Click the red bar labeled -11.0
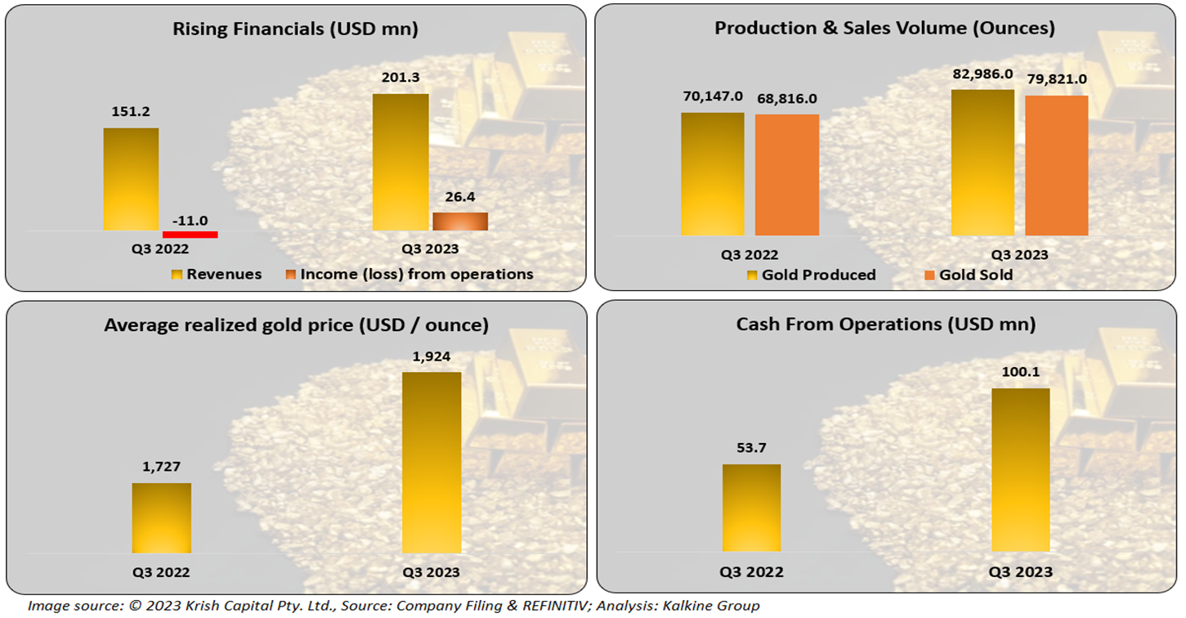coord(190,235)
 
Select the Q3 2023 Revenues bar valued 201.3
coord(401,162)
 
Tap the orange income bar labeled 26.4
coord(460,222)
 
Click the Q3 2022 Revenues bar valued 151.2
coord(131,179)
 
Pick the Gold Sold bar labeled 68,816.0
coord(786,175)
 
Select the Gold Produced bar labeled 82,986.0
coord(982,163)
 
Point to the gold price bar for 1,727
coord(162,518)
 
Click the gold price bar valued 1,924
coord(432,463)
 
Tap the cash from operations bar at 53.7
coord(751,508)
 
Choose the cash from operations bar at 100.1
coord(1020,469)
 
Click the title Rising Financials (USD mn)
coord(295,29)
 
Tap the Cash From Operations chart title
coord(886,325)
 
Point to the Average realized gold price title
coord(296,325)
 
